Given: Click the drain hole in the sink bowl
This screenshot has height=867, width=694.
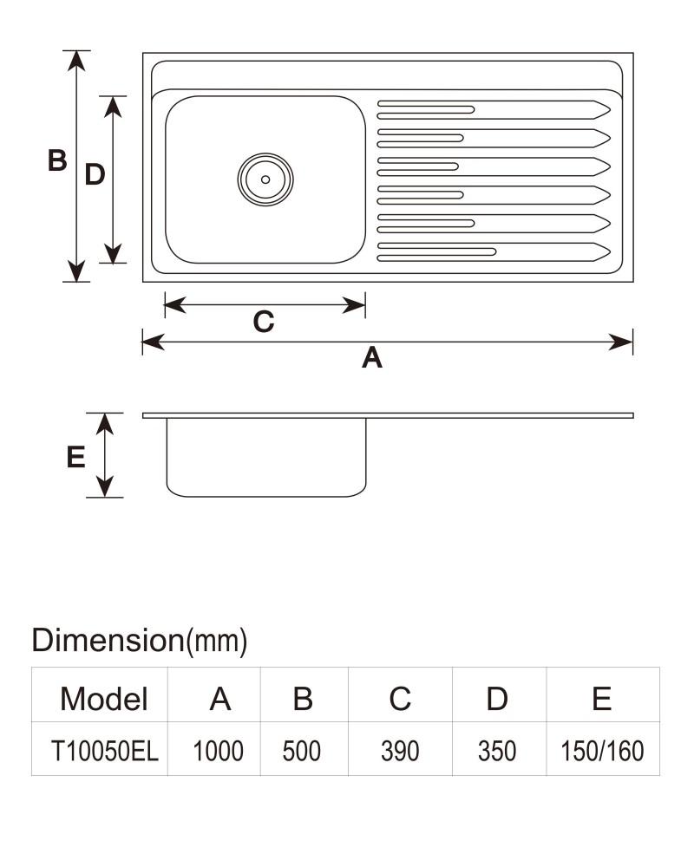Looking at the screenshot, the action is coord(265,179).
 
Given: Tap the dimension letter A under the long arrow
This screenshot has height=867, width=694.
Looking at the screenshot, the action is coord(372,358).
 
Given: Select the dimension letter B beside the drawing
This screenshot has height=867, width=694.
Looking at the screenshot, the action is coord(57,160).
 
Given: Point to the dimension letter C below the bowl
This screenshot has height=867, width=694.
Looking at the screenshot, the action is coord(264,322).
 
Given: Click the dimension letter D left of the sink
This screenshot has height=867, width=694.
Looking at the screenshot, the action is coord(95,175).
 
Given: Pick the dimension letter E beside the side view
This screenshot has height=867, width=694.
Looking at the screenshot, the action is coord(75,457).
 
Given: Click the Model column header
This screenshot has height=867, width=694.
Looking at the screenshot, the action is coord(104,699).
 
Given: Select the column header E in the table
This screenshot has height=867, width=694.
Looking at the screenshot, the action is coord(601,699).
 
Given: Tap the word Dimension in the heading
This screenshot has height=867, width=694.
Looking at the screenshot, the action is coord(108,641).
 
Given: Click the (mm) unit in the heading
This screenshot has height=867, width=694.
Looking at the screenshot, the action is coord(217,642).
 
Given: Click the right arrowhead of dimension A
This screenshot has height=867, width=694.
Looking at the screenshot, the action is coord(621,342).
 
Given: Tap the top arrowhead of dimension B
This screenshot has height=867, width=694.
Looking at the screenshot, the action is coord(76,61).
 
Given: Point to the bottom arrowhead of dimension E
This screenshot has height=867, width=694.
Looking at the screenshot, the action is coord(105,486).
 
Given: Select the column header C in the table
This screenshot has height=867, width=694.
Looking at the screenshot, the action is coord(400,699).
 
